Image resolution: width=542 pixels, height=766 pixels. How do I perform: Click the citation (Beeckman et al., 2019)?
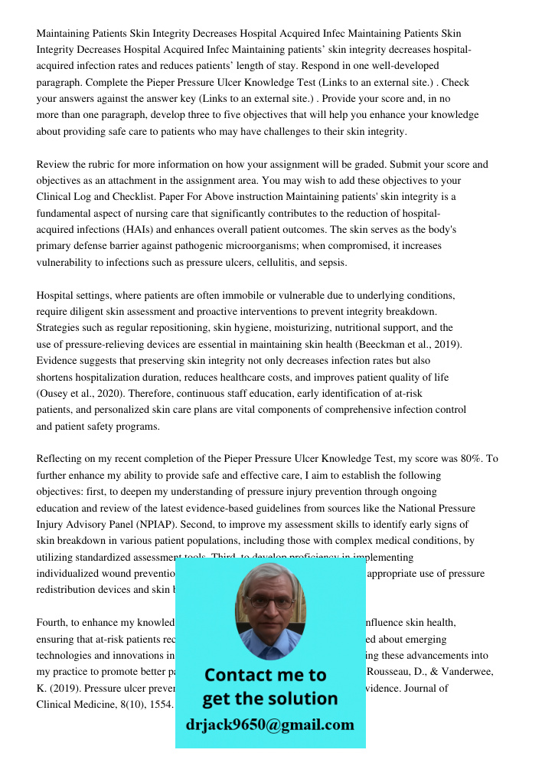click(x=405, y=344)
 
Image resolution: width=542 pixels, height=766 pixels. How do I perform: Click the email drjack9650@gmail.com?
click(x=270, y=725)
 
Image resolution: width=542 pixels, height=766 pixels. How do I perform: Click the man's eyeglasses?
click(x=269, y=601)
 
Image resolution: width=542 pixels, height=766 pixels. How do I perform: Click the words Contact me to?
click(x=265, y=675)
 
